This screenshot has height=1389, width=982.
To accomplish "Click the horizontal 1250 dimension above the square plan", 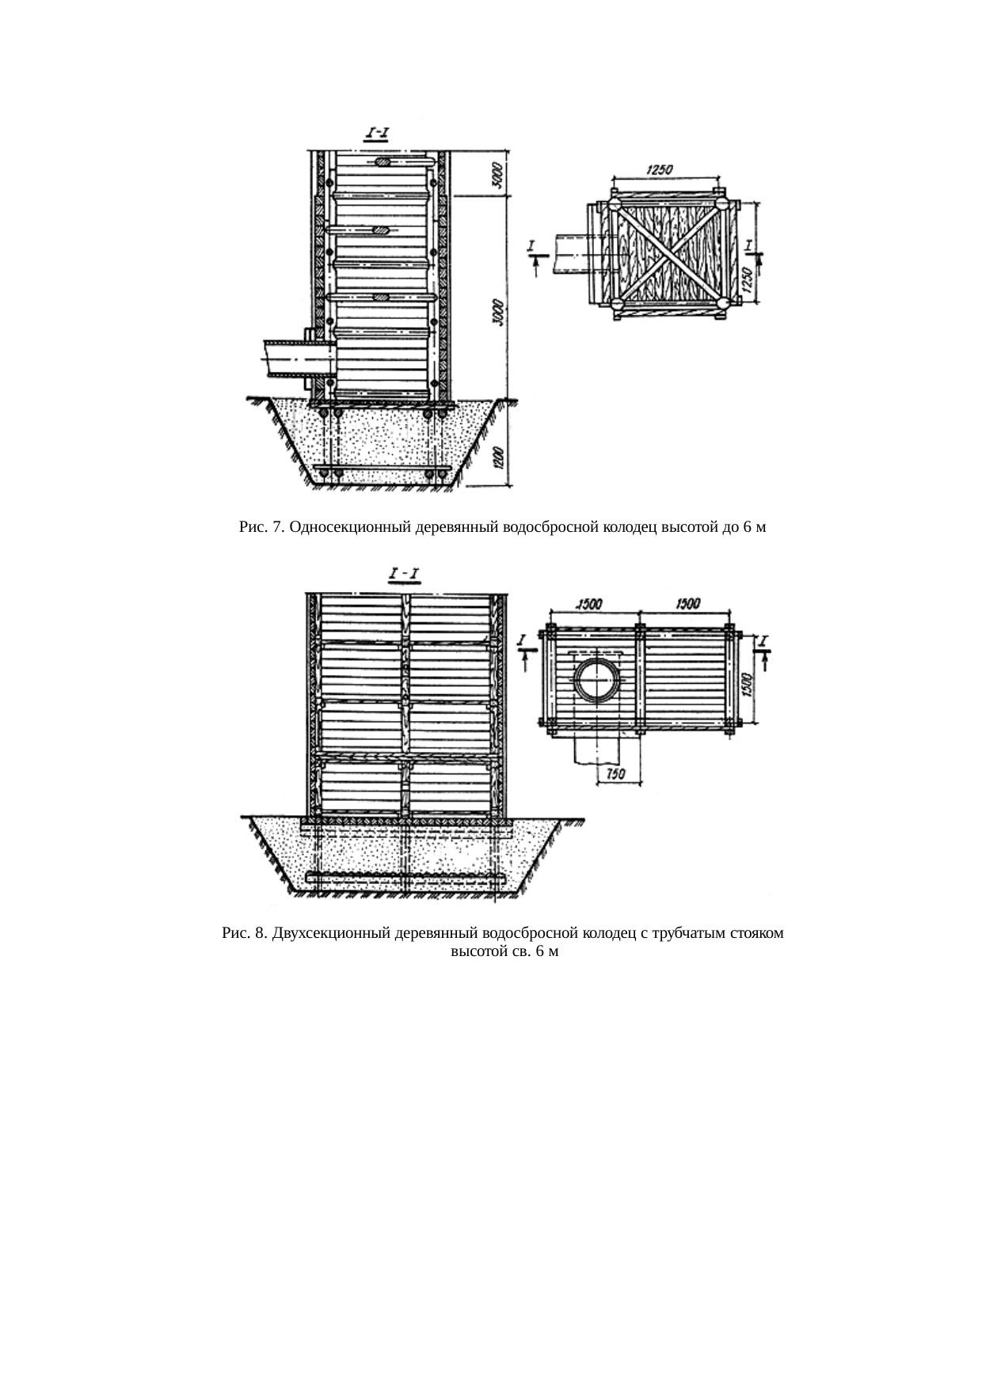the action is pyautogui.click(x=660, y=170).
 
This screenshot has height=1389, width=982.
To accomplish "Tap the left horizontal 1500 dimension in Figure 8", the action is pyautogui.click(x=589, y=604).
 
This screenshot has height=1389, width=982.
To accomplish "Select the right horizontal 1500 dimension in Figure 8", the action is pyautogui.click(x=687, y=604).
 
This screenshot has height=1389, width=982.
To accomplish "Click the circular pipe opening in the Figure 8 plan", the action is pyautogui.click(x=596, y=678).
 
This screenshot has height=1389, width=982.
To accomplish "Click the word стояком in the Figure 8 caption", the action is pyautogui.click(x=759, y=934).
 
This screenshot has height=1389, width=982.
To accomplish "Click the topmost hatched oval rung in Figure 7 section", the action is pyautogui.click(x=383, y=162).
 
